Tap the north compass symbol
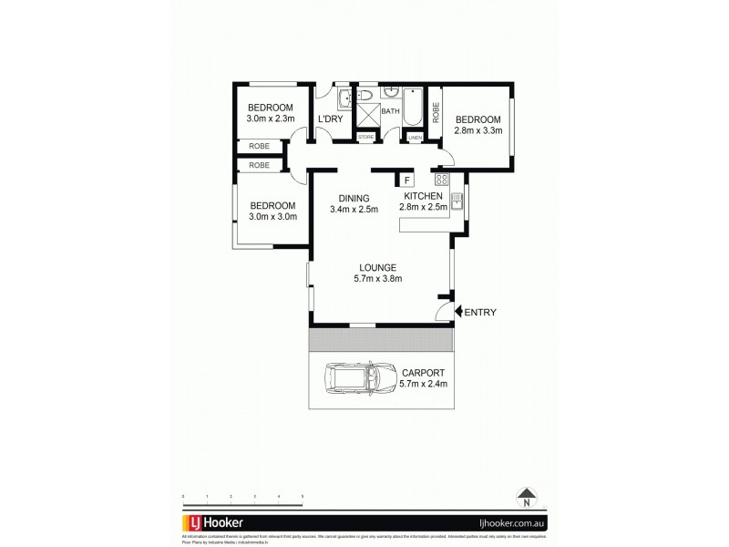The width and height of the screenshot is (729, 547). (526, 499)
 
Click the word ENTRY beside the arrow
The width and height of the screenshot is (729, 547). (480, 314)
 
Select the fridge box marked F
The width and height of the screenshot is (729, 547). (406, 180)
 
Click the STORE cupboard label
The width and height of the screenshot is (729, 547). (366, 138)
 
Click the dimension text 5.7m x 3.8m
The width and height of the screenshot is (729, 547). (377, 279)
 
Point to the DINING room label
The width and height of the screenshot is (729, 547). (353, 198)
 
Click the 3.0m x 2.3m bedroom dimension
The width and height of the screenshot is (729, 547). (271, 119)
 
